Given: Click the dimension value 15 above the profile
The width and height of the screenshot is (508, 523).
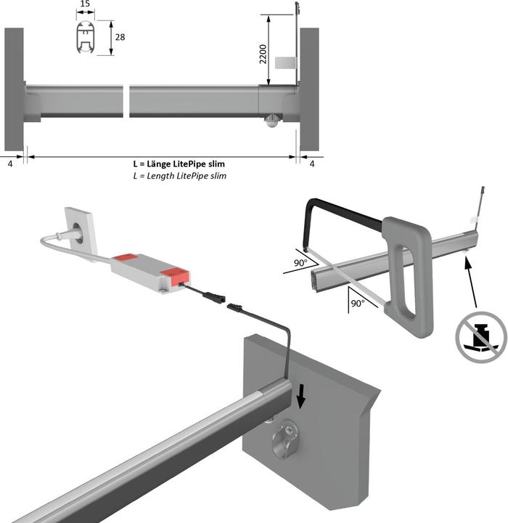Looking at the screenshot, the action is pos(86,4).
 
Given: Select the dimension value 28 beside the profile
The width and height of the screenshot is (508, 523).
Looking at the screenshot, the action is pos(120,37).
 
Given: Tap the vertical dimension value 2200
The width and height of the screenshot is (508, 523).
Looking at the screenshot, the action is pos(263,54).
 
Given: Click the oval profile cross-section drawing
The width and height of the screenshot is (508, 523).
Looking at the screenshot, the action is pos(86,37).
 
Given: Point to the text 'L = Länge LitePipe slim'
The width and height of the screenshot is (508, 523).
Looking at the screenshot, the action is pos(179,163).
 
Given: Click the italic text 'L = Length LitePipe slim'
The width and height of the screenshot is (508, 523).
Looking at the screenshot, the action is pos(180,176).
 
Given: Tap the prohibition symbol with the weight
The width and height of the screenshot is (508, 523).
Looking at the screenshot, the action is pos(480,337).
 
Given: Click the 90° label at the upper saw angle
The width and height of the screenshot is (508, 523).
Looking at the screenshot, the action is pos(300,263).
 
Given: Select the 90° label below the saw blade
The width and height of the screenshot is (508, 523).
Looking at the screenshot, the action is pos(358,304).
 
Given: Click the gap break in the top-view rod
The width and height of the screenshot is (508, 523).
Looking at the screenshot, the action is pos(126,101).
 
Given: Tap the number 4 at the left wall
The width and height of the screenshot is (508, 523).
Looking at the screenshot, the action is pos(10,164).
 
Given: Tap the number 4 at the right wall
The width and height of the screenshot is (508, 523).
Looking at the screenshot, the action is pos(312,164).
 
